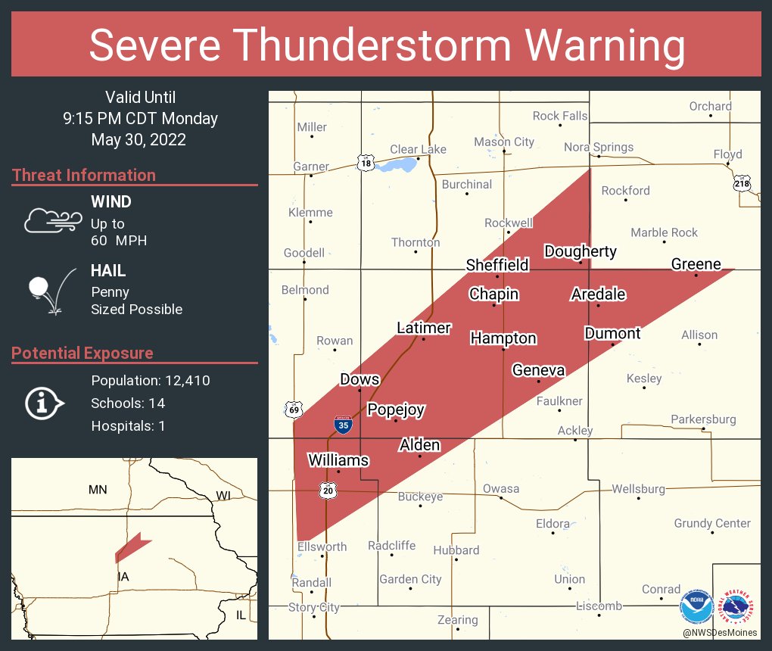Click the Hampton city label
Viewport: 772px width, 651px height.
click(x=503, y=338)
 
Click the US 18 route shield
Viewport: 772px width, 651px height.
click(x=366, y=162)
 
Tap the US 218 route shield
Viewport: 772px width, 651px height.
click(x=741, y=184)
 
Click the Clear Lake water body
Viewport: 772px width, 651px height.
click(x=396, y=164)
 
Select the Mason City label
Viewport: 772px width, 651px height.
click(x=503, y=142)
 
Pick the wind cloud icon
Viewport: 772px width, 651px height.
click(x=52, y=220)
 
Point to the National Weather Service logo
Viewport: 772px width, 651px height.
click(x=739, y=605)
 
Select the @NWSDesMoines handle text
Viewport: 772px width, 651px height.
click(x=718, y=632)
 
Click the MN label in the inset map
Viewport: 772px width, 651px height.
click(x=98, y=490)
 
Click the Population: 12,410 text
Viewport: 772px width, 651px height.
click(x=151, y=380)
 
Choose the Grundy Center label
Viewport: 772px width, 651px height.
click(x=712, y=523)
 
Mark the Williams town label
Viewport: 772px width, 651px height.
click(x=338, y=460)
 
